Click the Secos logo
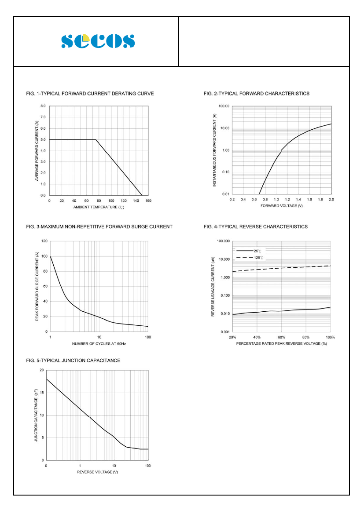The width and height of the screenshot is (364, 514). pyautogui.click(x=98, y=41)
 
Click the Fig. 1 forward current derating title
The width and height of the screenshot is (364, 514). pyautogui.click(x=90, y=94)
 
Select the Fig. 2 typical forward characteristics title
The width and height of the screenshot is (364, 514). pyautogui.click(x=257, y=94)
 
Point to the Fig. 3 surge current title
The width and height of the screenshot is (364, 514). pyautogui.click(x=99, y=227)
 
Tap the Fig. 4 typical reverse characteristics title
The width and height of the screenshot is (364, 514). pyautogui.click(x=256, y=227)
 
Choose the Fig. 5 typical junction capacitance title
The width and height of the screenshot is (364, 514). pyautogui.click(x=74, y=361)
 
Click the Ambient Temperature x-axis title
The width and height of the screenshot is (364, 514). pyautogui.click(x=99, y=207)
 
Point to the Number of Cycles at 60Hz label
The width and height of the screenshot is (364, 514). pyautogui.click(x=99, y=343)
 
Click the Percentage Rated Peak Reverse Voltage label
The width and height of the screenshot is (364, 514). pyautogui.click(x=282, y=343)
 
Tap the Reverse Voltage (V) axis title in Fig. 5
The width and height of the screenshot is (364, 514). pyautogui.click(x=97, y=472)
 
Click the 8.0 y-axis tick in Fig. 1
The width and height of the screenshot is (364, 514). pyautogui.click(x=43, y=106)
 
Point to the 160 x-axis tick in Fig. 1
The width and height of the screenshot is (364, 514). pyautogui.click(x=148, y=200)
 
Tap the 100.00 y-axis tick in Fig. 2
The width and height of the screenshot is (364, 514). pyautogui.click(x=224, y=106)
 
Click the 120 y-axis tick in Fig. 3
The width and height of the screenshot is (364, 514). pyautogui.click(x=44, y=241)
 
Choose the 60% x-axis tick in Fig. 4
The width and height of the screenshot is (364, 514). pyautogui.click(x=282, y=337)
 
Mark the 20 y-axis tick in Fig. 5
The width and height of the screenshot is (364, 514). pyautogui.click(x=41, y=370)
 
